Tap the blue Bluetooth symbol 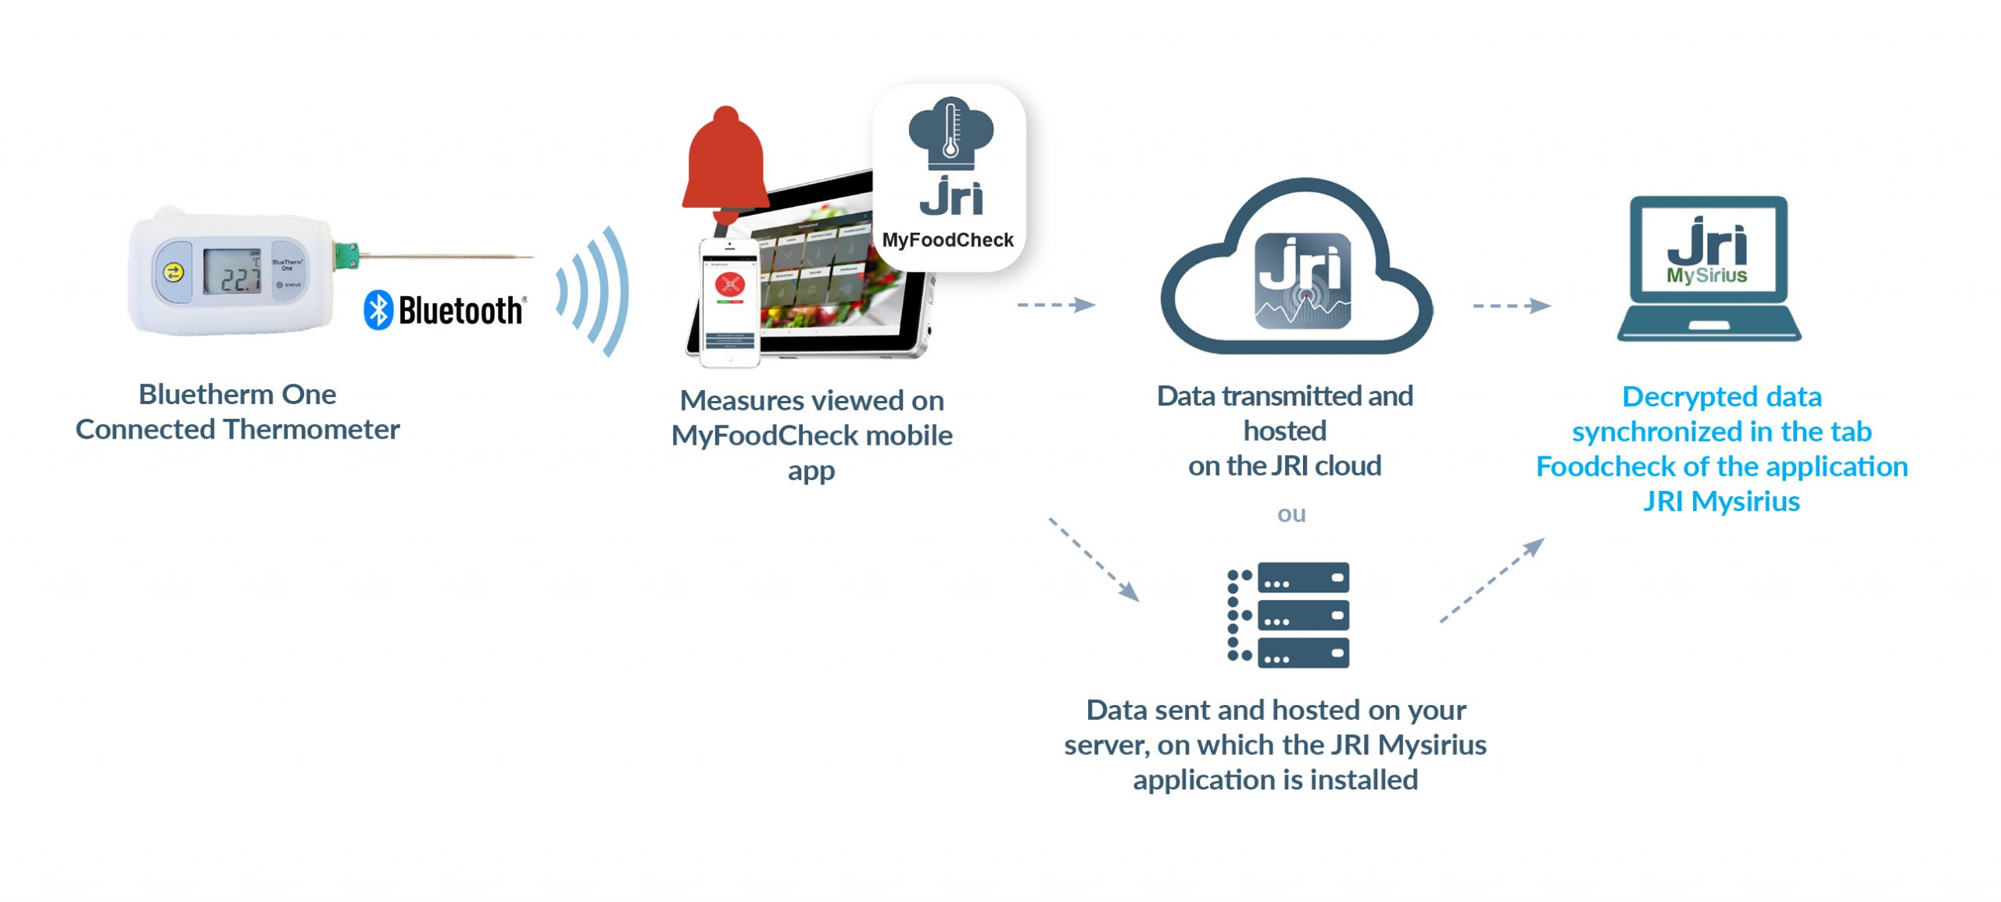coord(379,310)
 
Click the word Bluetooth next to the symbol coord(460,311)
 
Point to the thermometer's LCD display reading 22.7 coord(232,272)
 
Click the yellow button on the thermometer coord(174,272)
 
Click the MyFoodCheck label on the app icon coord(947,240)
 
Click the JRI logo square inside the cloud coord(1302,281)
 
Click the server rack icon coord(1289,614)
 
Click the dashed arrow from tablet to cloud coord(1056,304)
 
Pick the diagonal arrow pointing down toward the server coord(1094,559)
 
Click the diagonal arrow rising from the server coord(1491,580)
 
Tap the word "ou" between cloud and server coord(1291,514)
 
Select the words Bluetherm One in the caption coord(238,394)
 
